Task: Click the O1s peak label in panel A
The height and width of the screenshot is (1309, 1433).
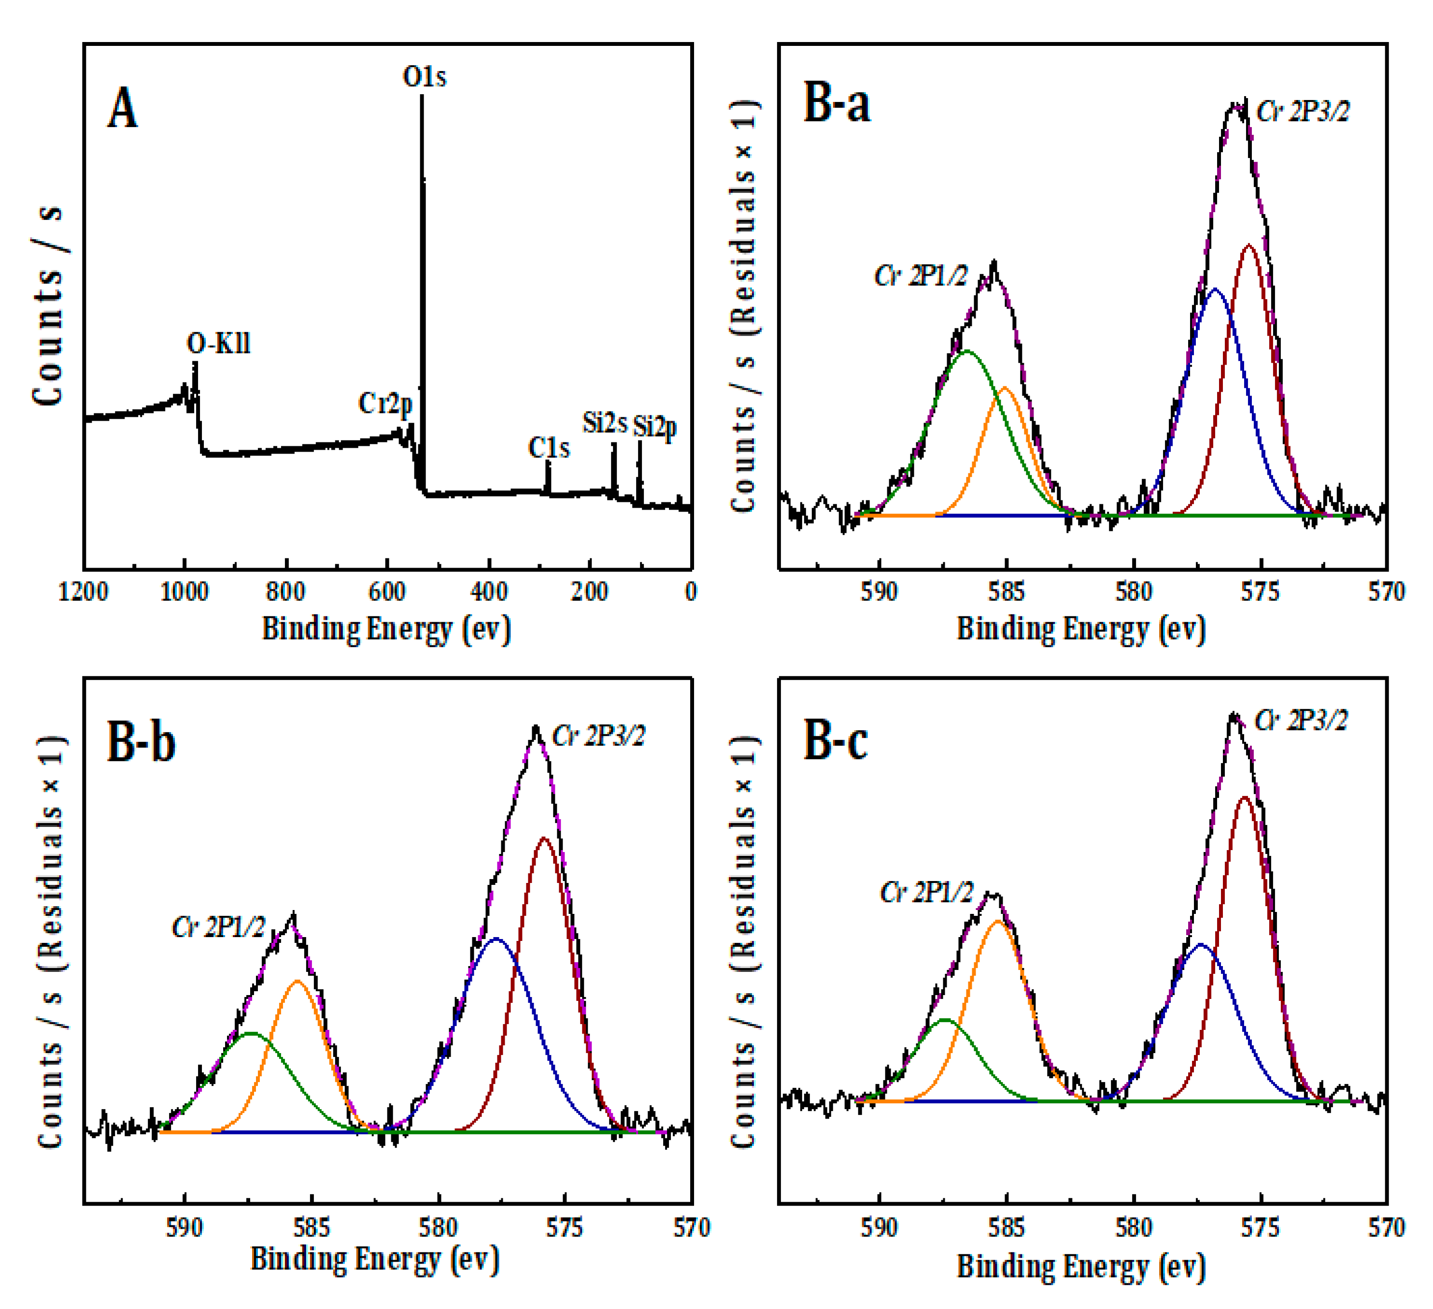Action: (425, 76)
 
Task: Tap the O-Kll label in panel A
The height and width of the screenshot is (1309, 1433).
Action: (218, 343)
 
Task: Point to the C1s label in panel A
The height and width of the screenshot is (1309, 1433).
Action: (549, 448)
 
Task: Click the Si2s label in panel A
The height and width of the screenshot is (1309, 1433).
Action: (605, 423)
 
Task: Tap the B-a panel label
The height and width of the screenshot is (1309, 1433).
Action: (837, 103)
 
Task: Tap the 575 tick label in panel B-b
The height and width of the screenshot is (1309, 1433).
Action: (565, 1228)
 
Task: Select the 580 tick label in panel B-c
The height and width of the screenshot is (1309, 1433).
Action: (1133, 1228)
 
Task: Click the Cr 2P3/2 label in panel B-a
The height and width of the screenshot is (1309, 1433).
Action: (1302, 112)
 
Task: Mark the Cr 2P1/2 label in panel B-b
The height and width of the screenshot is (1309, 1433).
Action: (218, 927)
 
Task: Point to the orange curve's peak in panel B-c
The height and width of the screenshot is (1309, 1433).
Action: (998, 922)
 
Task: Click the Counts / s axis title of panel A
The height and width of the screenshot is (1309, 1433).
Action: (48, 306)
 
